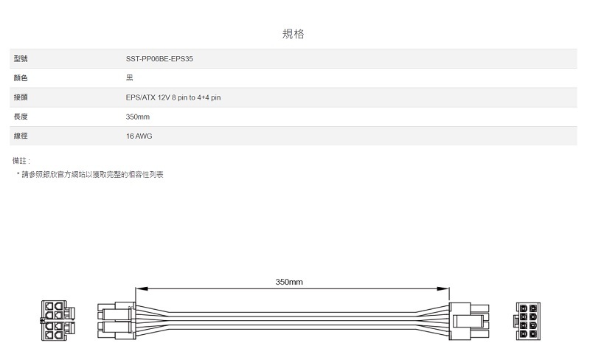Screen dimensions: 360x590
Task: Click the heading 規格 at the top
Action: [x=294, y=34]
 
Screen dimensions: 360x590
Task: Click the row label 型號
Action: [x=21, y=58]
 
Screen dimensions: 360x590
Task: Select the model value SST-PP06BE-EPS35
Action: [x=159, y=58]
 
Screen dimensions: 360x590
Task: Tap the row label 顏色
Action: [x=21, y=77]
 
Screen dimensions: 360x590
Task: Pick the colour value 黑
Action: [x=130, y=77]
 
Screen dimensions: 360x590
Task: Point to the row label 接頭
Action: [x=21, y=97]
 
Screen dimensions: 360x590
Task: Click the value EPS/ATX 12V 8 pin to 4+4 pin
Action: [x=173, y=97]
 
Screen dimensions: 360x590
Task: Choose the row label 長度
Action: [x=21, y=117]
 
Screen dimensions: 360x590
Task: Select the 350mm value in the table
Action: [x=138, y=117]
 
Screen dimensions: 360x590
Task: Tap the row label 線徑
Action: [x=21, y=136]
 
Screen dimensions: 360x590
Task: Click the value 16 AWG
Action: [x=139, y=136]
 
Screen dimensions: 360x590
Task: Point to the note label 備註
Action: [x=21, y=160]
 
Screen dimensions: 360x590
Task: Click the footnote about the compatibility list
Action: [x=90, y=174]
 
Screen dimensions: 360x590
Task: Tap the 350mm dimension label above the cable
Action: [x=289, y=282]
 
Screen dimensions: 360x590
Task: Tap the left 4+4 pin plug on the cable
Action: [x=115, y=321]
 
